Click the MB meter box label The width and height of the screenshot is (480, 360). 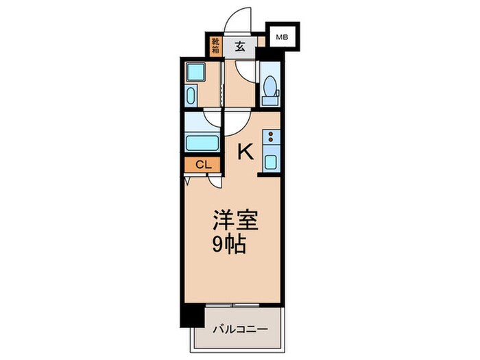click(x=283, y=37)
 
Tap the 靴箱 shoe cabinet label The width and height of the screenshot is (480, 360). click(x=215, y=46)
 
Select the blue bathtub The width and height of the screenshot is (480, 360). click(x=202, y=143)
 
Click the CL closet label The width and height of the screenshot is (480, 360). click(x=202, y=165)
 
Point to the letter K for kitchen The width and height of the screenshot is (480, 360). click(x=244, y=152)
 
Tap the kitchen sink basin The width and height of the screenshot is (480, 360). click(x=271, y=163)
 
